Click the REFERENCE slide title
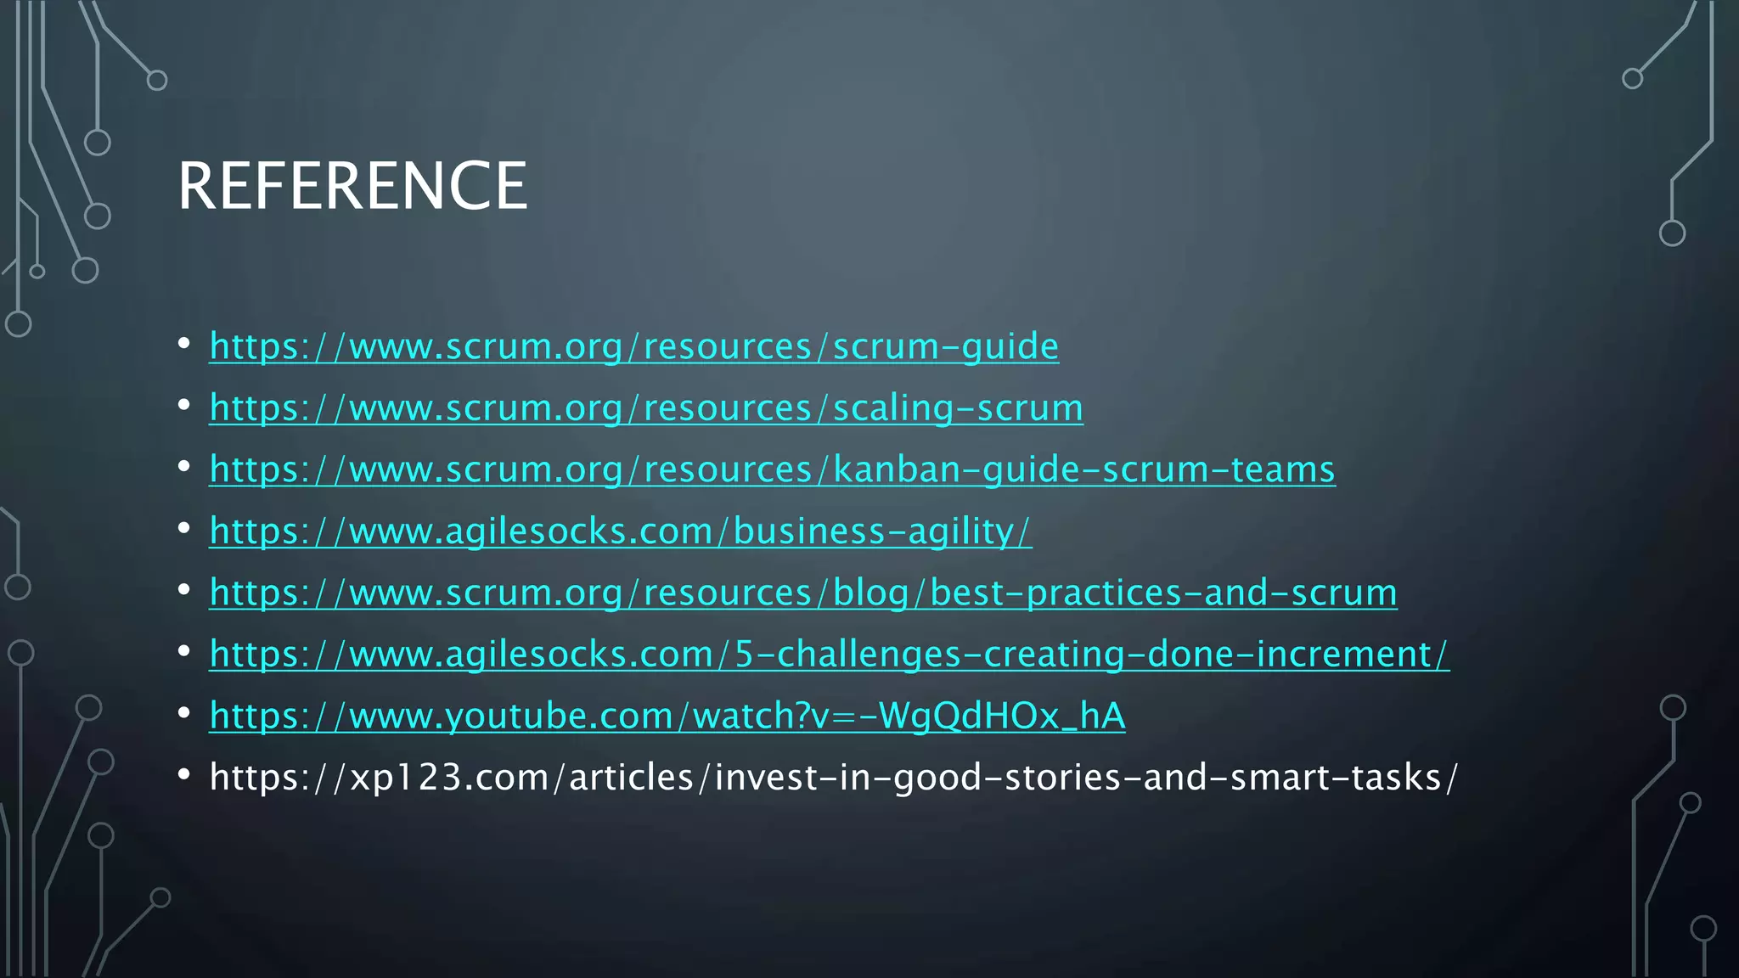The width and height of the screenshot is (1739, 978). pyautogui.click(x=352, y=186)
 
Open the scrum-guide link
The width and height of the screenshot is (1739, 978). pyautogui.click(x=633, y=346)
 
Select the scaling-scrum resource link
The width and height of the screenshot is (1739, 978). pyautogui.click(x=645, y=408)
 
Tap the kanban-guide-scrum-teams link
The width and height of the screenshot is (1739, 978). pyautogui.click(x=772, y=469)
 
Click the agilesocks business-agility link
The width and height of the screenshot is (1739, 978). pyautogui.click(x=620, y=531)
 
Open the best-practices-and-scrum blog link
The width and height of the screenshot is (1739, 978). pyautogui.click(x=802, y=593)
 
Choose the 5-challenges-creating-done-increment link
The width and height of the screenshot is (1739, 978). pyautogui.click(x=829, y=655)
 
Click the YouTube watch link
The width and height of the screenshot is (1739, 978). pyautogui.click(x=667, y=716)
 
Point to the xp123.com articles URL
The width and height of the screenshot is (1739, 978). pyautogui.click(x=833, y=778)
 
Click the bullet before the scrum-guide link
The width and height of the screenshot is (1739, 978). pyautogui.click(x=184, y=344)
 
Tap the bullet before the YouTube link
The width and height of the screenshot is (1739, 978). pyautogui.click(x=184, y=713)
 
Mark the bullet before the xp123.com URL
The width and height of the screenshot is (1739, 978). pyautogui.click(x=184, y=775)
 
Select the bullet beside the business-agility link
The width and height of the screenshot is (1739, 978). pyautogui.click(x=184, y=528)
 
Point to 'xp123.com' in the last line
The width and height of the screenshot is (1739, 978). pyautogui.click(x=449, y=778)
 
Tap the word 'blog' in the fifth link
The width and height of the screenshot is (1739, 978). pyautogui.click(x=871, y=593)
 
